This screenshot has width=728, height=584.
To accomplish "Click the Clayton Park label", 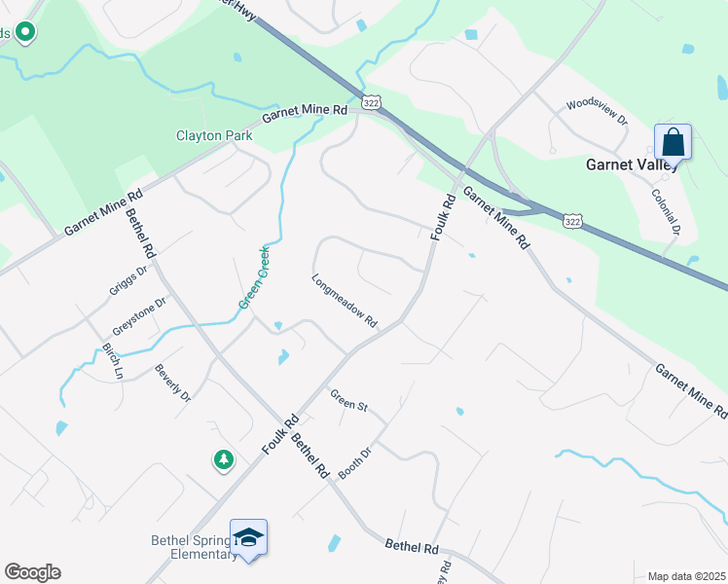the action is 214,136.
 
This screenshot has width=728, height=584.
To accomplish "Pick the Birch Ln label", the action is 111,360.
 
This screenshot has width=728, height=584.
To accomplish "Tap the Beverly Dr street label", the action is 172,383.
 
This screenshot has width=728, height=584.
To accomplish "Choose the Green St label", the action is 347,401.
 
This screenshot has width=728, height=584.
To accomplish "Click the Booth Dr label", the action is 355,462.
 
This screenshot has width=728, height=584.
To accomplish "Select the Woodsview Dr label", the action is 597,103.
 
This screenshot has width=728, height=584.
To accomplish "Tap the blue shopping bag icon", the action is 673,143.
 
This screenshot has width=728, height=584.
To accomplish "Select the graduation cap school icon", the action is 248,538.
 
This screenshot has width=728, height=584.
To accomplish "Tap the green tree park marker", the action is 224,459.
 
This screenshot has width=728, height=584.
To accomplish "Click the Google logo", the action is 32,572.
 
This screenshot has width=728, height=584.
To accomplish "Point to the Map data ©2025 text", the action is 686,576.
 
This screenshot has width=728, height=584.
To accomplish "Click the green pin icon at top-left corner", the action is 25,33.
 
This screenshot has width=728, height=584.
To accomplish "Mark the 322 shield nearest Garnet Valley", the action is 573,223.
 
